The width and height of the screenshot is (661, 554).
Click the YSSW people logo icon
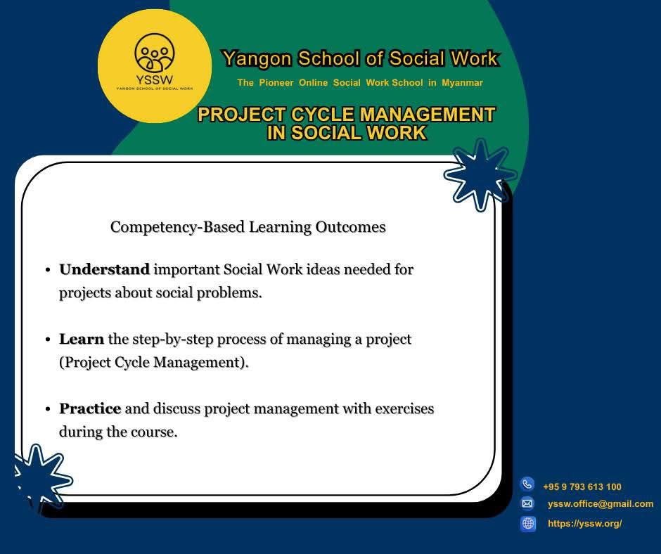tap(154, 53)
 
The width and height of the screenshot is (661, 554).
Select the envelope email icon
tap(527, 503)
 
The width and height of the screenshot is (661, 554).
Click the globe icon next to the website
tap(528, 524)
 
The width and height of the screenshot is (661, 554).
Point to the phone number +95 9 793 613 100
tap(582, 487)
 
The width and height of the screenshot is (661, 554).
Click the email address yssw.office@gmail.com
tap(601, 504)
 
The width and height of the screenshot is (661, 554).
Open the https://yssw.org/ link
tap(584, 524)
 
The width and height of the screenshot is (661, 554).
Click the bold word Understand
tap(105, 269)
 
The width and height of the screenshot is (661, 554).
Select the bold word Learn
tap(82, 339)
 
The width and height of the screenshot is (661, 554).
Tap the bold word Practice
tap(90, 408)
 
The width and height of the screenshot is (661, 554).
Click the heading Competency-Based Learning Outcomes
tap(248, 227)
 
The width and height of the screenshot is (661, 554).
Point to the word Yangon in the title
tap(257, 58)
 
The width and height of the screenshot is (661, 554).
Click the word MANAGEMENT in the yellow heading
tap(427, 115)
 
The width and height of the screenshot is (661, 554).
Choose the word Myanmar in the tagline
tap(462, 83)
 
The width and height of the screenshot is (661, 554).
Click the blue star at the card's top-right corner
tap(480, 174)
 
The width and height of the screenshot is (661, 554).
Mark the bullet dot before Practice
tap(49, 409)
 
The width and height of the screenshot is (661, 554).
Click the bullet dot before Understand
tap(49, 270)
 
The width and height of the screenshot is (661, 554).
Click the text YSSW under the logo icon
tap(154, 79)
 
